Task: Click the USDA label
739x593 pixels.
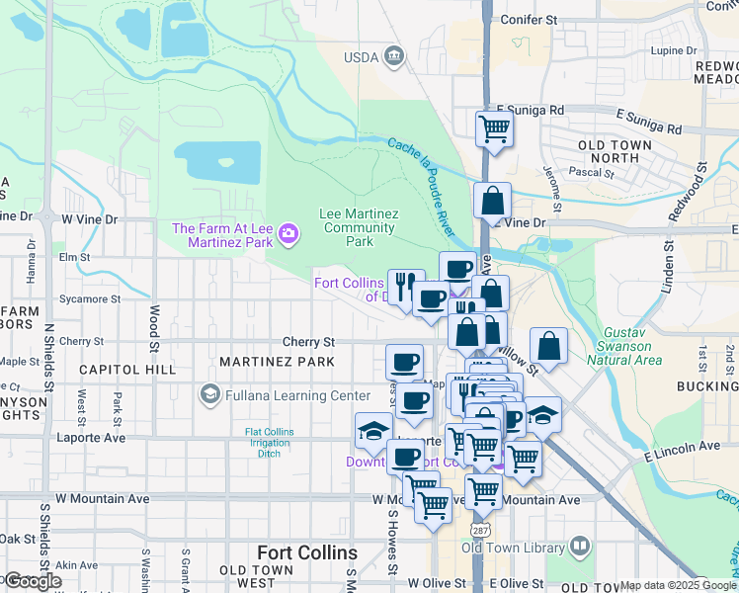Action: click(x=361, y=57)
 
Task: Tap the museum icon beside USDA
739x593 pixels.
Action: click(x=395, y=56)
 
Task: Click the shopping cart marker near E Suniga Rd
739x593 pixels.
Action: click(x=493, y=127)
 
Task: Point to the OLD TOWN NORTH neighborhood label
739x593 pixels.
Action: click(x=615, y=151)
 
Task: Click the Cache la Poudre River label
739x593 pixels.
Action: click(x=421, y=176)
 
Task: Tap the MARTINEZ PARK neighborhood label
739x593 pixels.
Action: click(x=277, y=363)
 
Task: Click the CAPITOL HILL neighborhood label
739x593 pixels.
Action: click(x=126, y=370)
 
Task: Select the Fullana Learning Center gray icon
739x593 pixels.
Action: click(x=208, y=395)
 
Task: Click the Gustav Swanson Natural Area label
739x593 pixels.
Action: click(x=625, y=347)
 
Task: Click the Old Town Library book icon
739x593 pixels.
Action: click(x=580, y=546)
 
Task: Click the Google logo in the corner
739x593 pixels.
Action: click(x=33, y=581)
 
